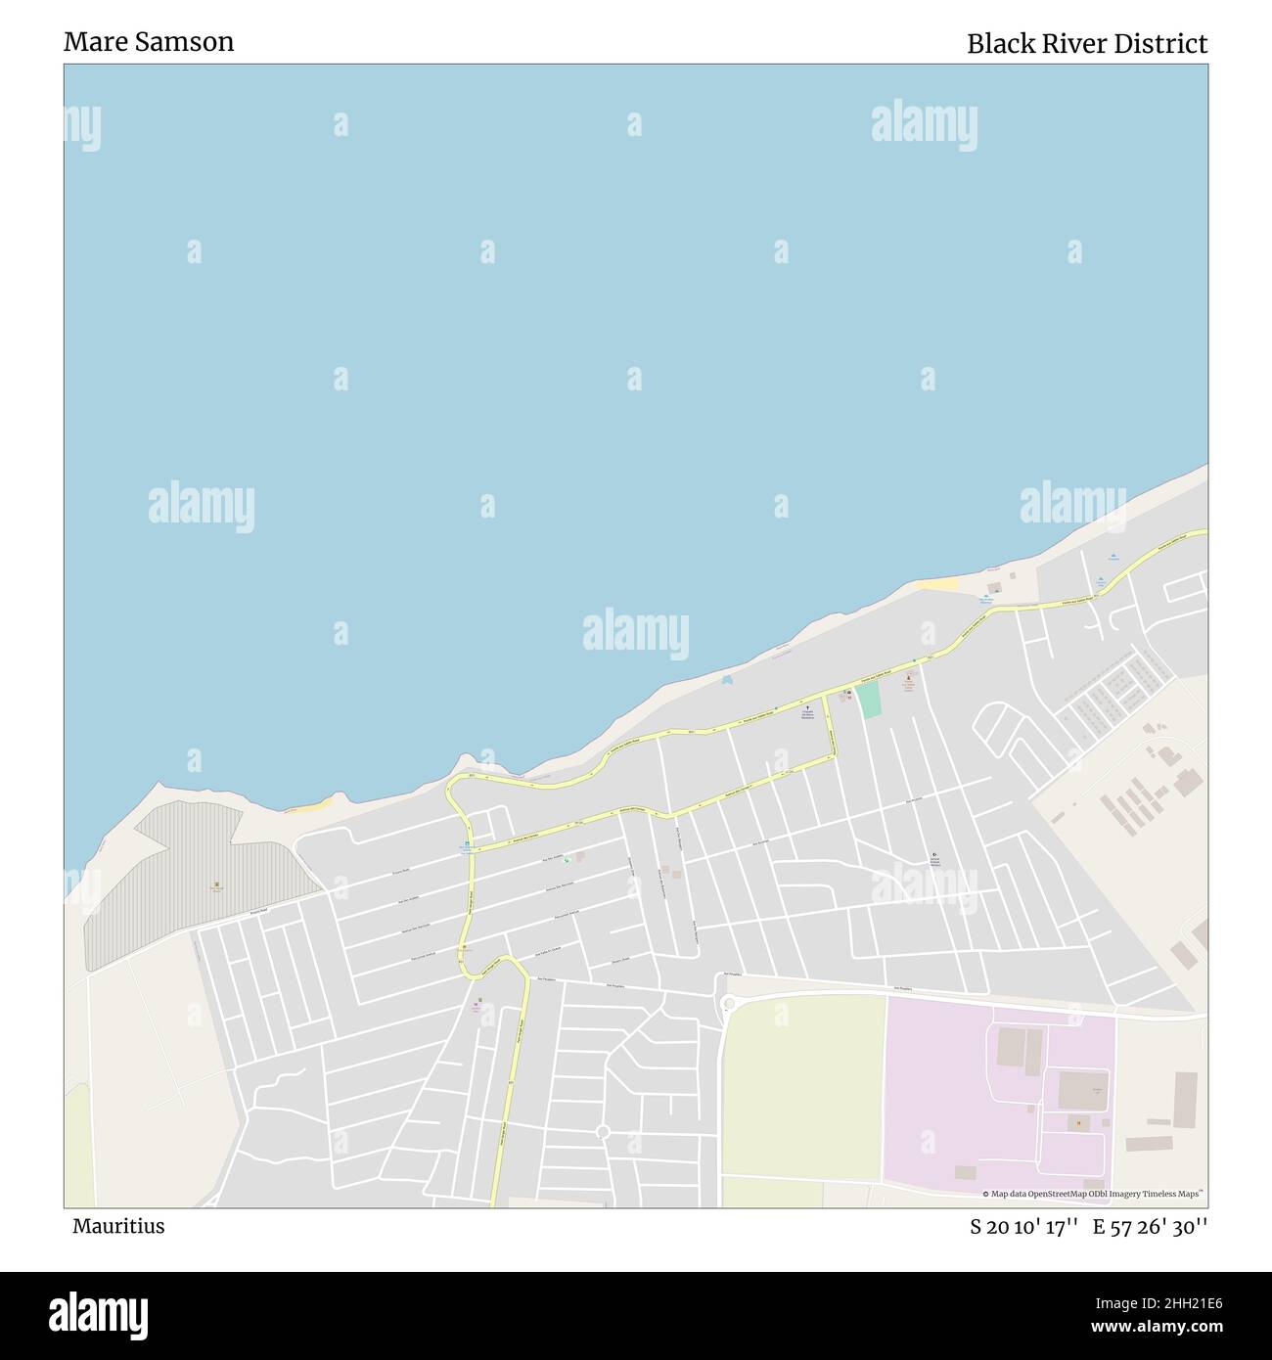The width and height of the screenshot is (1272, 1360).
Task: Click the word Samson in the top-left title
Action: (x=190, y=42)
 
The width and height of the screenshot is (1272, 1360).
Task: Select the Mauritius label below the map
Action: (x=118, y=1226)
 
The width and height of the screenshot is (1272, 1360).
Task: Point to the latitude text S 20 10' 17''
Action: (x=1023, y=1227)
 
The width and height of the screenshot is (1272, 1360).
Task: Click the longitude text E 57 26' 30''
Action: (x=1150, y=1227)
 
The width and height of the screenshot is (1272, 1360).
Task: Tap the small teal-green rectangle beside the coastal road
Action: (x=870, y=701)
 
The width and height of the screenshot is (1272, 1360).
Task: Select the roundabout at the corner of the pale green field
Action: (x=727, y=1003)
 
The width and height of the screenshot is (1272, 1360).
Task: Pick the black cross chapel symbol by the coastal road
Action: (x=807, y=708)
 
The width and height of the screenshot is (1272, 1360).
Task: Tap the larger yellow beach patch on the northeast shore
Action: (x=939, y=584)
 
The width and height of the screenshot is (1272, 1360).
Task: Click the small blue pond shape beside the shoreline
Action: (x=726, y=679)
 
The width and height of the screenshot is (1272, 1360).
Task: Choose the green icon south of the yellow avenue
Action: (x=567, y=860)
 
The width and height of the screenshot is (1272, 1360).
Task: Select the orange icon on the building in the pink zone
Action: (x=1079, y=1123)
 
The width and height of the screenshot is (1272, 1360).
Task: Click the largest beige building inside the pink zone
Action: (x=1082, y=1090)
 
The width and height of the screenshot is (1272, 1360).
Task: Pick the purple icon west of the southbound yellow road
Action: (x=478, y=1002)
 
